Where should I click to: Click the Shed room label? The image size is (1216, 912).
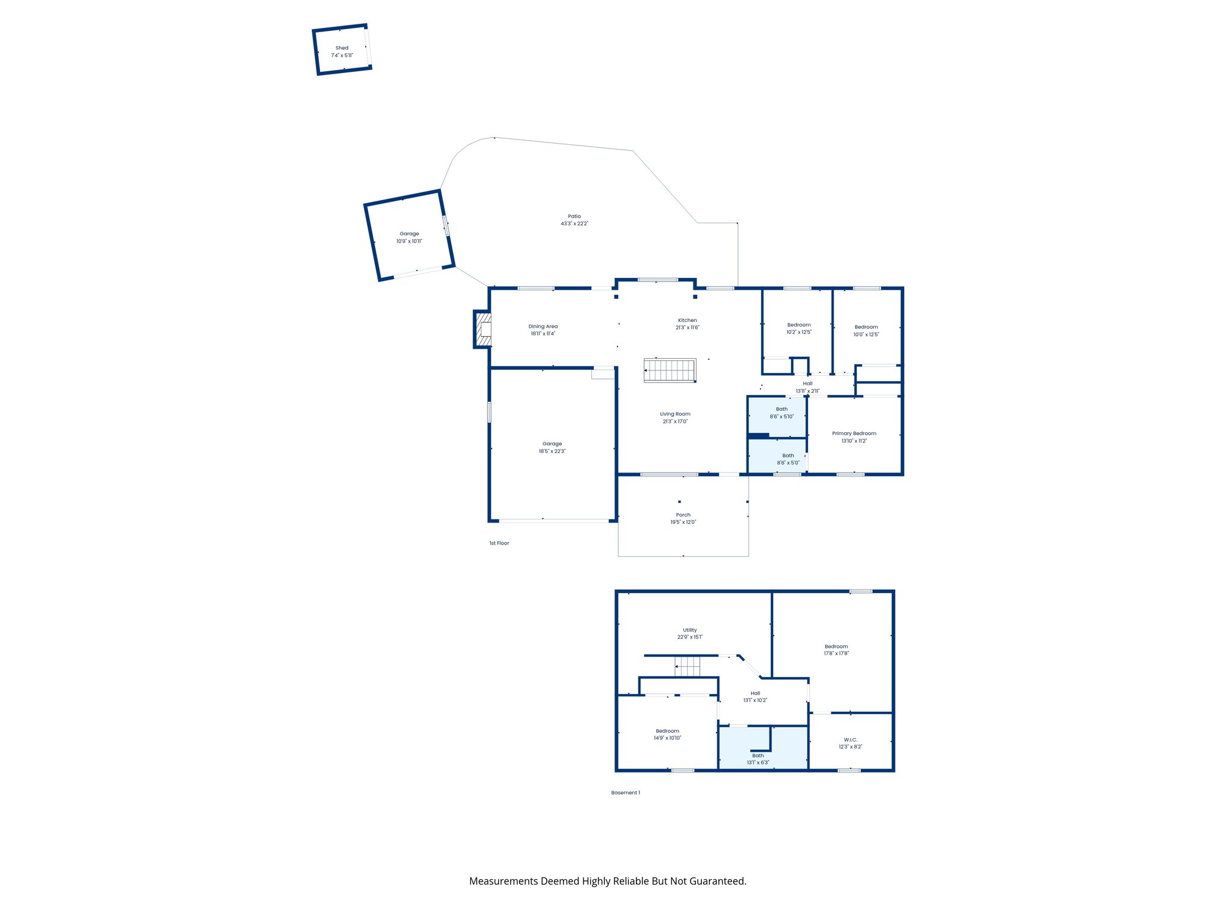point(342,48)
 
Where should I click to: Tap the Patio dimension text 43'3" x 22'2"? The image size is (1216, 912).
point(574,224)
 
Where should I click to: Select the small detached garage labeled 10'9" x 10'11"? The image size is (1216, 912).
point(409,237)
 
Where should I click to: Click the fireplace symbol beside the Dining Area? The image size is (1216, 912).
point(484,330)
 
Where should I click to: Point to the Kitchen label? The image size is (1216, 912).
point(688,320)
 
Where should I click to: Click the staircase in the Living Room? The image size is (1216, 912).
point(670,370)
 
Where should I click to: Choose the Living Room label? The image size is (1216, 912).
point(675,414)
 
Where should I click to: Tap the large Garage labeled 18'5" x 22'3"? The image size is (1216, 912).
point(552,447)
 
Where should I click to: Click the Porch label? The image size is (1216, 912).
point(683,515)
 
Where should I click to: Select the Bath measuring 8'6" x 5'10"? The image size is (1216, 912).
point(781,413)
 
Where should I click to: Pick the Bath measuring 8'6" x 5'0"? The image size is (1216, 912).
point(788,459)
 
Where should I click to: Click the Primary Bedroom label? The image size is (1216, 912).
point(854,433)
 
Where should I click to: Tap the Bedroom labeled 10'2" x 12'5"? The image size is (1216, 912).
point(799,328)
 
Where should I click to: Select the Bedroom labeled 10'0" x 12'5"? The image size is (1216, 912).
point(866,331)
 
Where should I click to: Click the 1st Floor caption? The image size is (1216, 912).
point(499,543)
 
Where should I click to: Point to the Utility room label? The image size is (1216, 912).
point(689,630)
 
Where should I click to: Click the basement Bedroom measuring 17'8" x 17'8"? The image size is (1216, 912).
point(836,650)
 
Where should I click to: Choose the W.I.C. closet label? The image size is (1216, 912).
point(850,740)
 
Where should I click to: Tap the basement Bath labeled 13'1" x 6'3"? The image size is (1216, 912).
point(758,759)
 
